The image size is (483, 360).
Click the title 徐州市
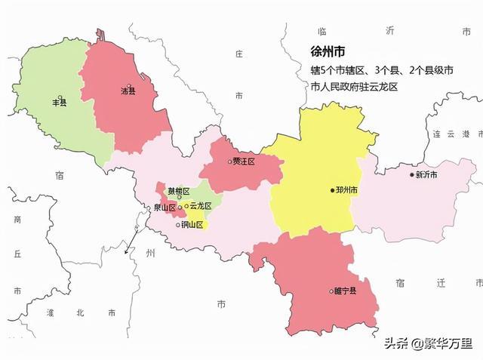pos(328,52)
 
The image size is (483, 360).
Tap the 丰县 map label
pos(58,103)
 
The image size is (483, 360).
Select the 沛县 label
pos(128,92)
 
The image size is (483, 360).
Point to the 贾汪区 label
pos(245,162)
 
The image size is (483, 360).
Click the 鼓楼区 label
pos(179,192)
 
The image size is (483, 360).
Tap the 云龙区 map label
pos(200,205)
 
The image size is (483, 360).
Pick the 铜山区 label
pos(192,224)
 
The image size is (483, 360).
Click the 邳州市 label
pos(346,190)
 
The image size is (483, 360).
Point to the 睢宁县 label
pos(345,291)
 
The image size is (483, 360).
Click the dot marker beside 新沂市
pos(412,175)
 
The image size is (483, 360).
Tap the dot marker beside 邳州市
pos(332,190)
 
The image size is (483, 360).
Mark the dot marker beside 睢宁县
pos(331,291)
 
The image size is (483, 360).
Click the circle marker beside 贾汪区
pos(229,162)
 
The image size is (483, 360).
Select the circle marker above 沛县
pos(129,85)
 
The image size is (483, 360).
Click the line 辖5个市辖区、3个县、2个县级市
pos(382,70)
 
